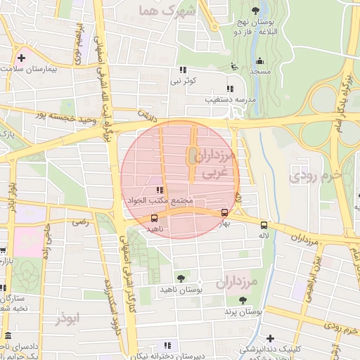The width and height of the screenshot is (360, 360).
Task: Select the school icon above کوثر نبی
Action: click(184, 70)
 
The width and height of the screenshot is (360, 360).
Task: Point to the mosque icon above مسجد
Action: click(259, 61)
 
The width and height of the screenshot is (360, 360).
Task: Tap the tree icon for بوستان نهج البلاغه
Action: click(255, 10)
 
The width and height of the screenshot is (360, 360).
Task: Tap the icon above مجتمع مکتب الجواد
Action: click(160, 190)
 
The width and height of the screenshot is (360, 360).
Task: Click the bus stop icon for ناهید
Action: click(154, 217)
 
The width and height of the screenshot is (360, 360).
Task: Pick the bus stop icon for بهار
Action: click(224, 212)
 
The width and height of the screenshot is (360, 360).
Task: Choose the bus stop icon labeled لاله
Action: click(264, 225)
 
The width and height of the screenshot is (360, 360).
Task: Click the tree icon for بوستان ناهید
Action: click(181, 278)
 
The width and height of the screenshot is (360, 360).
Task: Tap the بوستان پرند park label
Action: click(244, 311)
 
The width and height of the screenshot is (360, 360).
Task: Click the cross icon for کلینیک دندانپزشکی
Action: click(270, 338)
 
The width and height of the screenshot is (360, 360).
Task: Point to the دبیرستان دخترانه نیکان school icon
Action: click(167, 345)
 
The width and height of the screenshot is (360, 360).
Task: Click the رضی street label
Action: click(80, 222)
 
